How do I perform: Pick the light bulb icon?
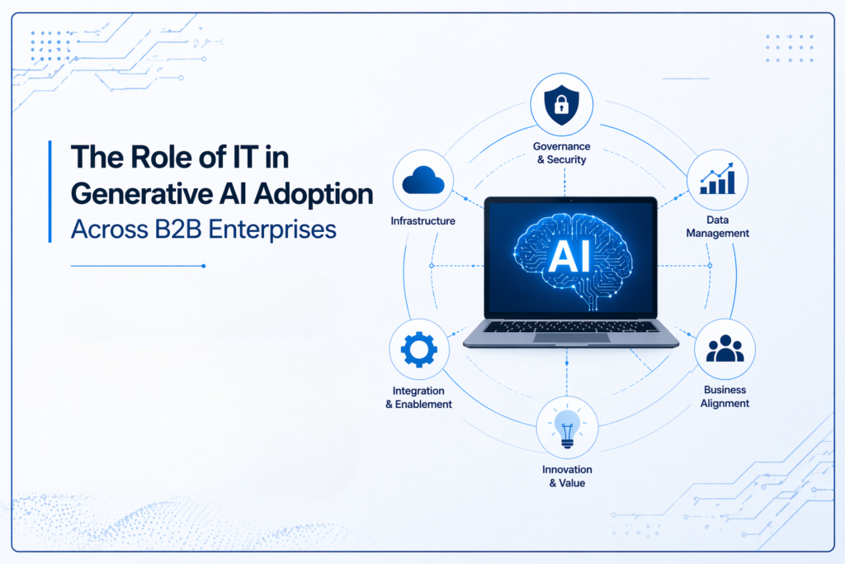pyautogui.click(x=567, y=428)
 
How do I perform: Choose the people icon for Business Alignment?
pyautogui.click(x=725, y=349)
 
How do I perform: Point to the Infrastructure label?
pyautogui.click(x=423, y=221)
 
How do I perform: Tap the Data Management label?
pyautogui.click(x=716, y=227)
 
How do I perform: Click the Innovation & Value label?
pyautogui.click(x=567, y=476)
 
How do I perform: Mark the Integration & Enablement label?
pyautogui.click(x=419, y=397)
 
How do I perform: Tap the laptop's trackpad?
pyautogui.click(x=571, y=337)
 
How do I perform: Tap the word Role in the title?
pyautogui.click(x=153, y=156)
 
